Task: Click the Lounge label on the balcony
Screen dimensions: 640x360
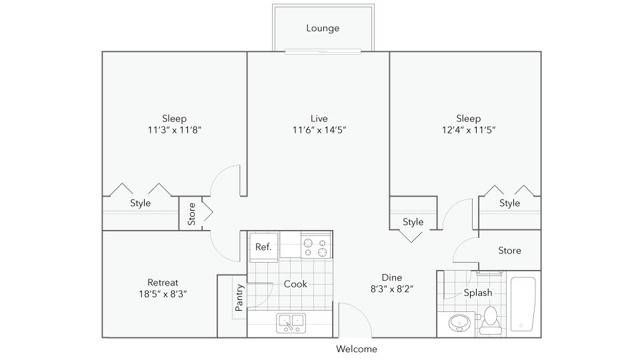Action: pos(322,28)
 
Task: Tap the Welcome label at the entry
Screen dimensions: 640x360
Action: pos(356,349)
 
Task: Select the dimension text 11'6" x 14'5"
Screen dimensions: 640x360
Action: pos(319,130)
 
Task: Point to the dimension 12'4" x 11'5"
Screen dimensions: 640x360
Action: pos(469,130)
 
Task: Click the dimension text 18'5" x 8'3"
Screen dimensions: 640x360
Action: pos(162,294)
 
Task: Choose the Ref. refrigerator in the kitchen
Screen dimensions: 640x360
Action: pos(263,247)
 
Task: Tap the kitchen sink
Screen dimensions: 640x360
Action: pos(291,323)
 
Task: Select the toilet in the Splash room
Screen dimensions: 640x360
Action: pos(490,320)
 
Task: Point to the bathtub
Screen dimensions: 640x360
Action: pos(523,304)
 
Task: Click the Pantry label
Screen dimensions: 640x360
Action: pos(239,298)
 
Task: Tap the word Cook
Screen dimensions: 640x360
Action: pos(295,284)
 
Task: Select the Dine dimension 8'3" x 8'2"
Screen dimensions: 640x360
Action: pos(392,289)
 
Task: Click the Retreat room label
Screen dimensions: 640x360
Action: pos(162,282)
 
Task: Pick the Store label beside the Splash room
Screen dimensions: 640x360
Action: pos(509,251)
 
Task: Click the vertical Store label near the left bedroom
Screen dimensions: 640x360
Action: pos(191,214)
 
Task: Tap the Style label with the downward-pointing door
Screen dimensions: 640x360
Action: pos(413,222)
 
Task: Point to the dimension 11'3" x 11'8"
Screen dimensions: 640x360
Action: pos(175,130)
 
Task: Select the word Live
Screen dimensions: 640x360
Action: pos(319,119)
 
